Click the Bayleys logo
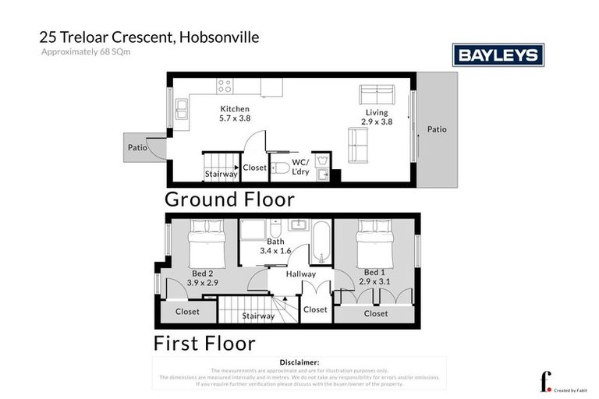point(498,55)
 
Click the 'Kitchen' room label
point(235,109)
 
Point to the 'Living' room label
point(377,113)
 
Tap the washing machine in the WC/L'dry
point(326,158)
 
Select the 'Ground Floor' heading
point(230,199)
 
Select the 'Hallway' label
point(301,274)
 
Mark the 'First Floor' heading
point(204,342)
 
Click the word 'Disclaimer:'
point(299,362)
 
